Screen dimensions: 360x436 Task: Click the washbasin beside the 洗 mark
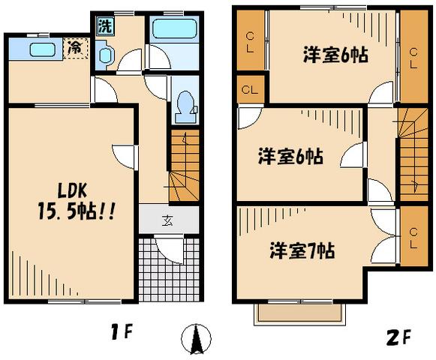point(105,53)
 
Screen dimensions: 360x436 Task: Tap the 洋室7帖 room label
point(302,250)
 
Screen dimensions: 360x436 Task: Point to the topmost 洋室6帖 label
point(335,55)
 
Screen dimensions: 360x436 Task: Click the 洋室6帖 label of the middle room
point(292,157)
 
